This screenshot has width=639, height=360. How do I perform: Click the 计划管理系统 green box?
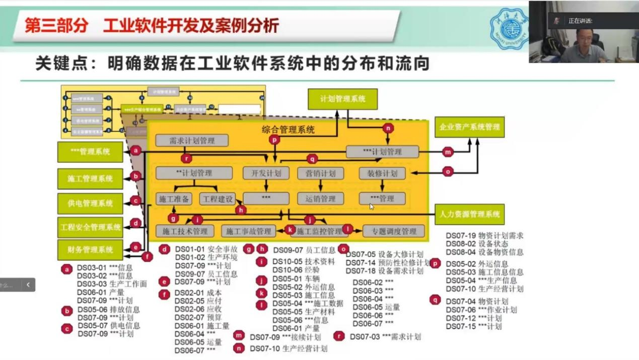(343, 99)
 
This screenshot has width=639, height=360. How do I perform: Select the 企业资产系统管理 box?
(469, 127)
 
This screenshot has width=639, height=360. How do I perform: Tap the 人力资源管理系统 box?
(469, 214)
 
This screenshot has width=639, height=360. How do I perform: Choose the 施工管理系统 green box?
(90, 179)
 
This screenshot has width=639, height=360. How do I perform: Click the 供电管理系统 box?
(90, 203)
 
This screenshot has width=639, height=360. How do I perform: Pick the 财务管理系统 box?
(90, 249)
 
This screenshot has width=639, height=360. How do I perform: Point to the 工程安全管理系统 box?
(90, 227)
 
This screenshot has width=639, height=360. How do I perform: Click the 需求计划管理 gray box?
(192, 140)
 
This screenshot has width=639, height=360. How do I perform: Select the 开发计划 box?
(266, 173)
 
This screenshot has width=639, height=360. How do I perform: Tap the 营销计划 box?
(320, 173)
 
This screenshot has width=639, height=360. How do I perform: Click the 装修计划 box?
(382, 173)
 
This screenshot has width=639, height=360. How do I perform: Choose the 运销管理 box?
(320, 198)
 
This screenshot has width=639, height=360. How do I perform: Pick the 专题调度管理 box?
(394, 231)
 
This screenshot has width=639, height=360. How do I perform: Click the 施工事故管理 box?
(248, 231)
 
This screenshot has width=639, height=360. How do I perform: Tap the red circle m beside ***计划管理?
(448, 152)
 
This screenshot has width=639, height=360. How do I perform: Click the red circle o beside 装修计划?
(448, 172)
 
